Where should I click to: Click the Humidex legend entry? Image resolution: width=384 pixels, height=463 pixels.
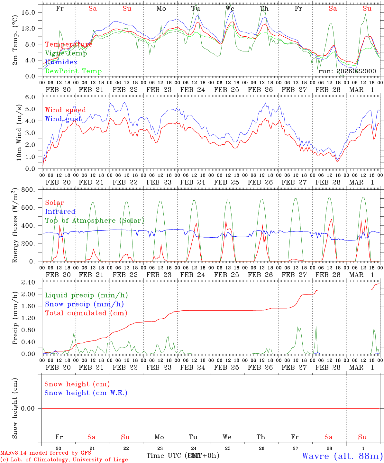(x=61, y=62)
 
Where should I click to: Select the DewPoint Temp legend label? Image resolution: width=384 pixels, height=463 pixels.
(x=73, y=71)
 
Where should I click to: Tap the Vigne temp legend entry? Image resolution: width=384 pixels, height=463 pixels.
(x=66, y=53)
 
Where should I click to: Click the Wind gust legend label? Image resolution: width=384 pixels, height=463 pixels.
(x=63, y=119)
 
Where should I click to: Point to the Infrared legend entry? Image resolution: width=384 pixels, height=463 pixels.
(x=60, y=212)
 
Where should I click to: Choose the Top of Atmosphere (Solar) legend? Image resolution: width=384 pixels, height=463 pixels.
(x=95, y=221)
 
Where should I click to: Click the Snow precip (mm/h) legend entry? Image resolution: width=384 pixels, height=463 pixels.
(x=85, y=304)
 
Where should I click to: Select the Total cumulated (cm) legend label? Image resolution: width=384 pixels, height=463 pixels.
(x=86, y=313)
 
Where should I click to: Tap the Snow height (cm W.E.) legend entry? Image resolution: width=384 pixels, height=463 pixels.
(x=86, y=393)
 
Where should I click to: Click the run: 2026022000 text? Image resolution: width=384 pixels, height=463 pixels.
(x=347, y=71)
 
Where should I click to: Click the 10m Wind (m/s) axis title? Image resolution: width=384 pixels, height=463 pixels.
(x=19, y=133)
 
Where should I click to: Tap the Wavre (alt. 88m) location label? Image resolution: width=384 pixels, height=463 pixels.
(x=342, y=456)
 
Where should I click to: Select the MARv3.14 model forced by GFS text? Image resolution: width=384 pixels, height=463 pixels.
(x=46, y=453)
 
